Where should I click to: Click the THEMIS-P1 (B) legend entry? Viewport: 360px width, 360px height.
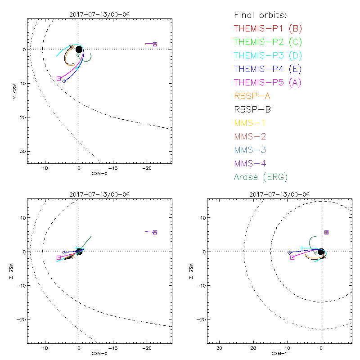pos(268,29)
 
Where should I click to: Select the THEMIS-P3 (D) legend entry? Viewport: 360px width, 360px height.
pos(268,56)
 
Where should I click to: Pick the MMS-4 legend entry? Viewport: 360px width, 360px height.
pos(252,163)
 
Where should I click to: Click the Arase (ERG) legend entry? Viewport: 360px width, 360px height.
pos(261,177)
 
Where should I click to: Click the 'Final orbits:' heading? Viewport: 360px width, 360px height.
pos(263,15)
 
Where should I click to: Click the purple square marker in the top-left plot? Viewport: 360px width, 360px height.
pos(155,44)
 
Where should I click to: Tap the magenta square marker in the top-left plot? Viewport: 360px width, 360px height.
pos(58,78)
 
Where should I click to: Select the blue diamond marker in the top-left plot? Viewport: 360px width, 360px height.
pos(64,81)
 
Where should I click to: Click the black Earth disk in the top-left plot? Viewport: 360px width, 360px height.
pos(79,49)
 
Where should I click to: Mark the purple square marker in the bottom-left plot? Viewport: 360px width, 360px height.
pos(155,232)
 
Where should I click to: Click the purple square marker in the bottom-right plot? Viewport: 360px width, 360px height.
pos(326,232)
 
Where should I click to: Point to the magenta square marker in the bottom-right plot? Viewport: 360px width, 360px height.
pos(292,257)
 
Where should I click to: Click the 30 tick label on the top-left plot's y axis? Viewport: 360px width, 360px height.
pos(21,151)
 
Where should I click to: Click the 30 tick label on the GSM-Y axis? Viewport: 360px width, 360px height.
pos(219,348)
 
